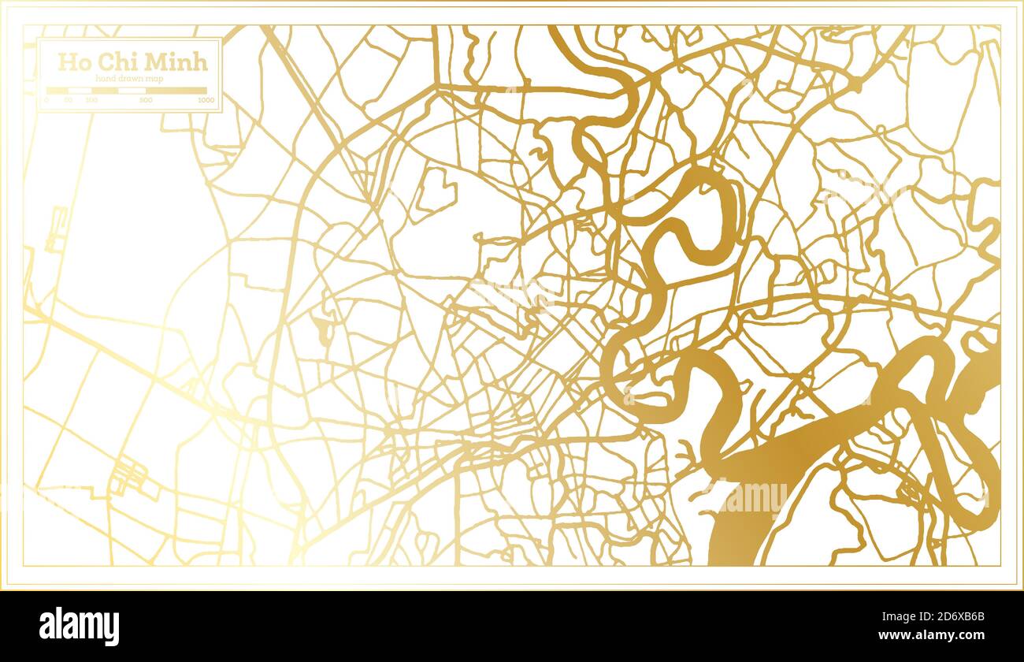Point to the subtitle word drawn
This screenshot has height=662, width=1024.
coord(132,78)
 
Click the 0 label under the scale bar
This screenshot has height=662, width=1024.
coord(46,101)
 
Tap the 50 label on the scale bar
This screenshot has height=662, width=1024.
coord(69,101)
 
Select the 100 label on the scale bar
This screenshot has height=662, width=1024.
coord(91,101)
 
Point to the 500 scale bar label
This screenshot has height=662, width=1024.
coord(146,101)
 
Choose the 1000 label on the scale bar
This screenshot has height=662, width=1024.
coord(206,101)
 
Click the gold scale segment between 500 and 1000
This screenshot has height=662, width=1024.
coord(176,91)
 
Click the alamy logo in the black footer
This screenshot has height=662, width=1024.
coord(80,627)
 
